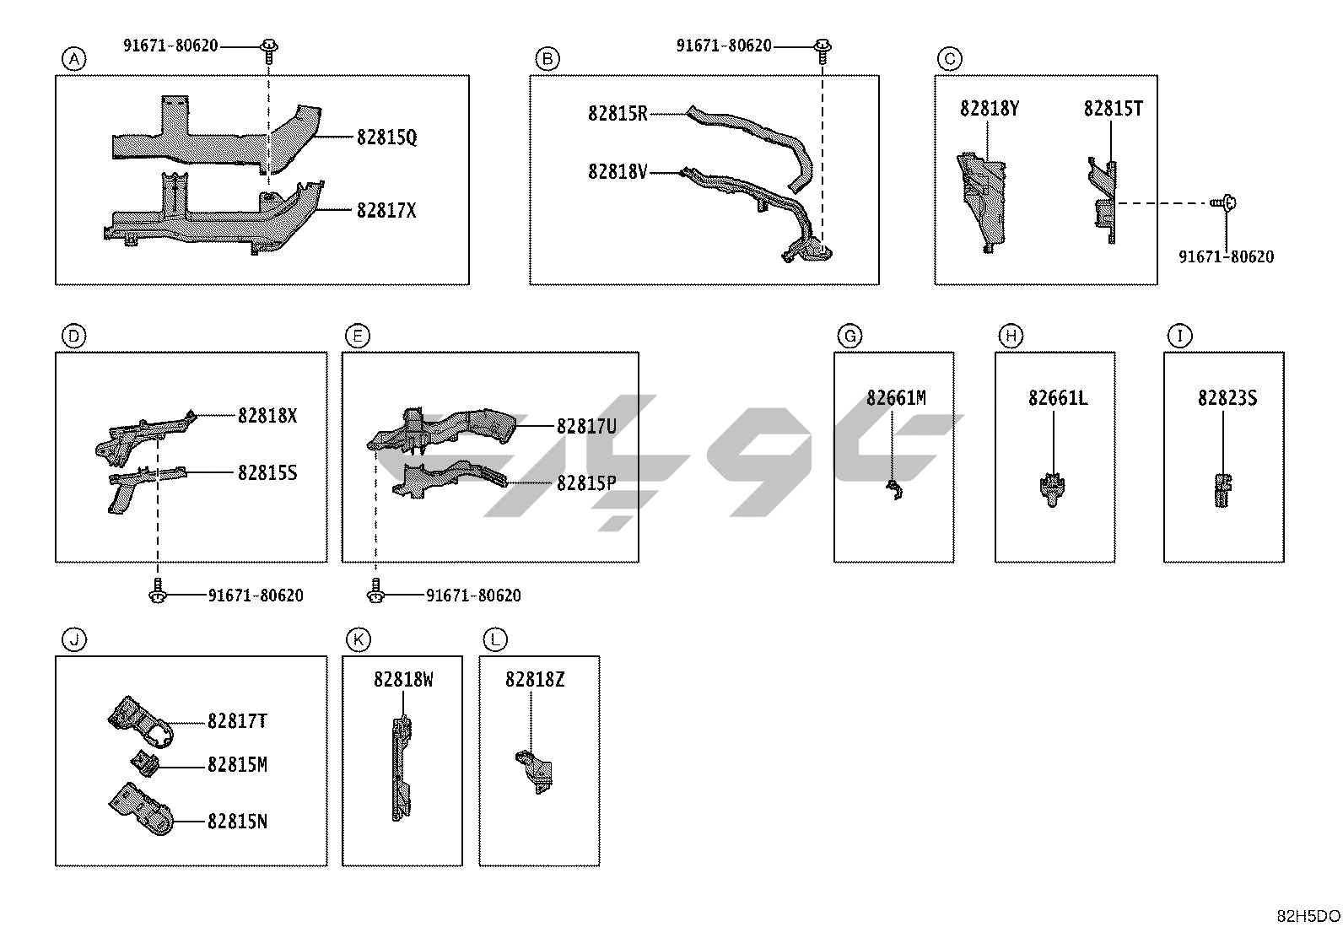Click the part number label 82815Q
pos(386,137)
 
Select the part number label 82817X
pos(386,210)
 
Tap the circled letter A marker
pos(74,58)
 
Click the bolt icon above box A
pos(269,49)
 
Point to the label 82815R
pos(618,114)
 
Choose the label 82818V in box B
pos(618,172)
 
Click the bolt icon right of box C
pos(1223,202)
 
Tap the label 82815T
pos(1113,109)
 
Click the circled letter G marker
pos(849,336)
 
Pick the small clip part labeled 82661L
pos(1053,489)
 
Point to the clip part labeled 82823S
pos(1222,490)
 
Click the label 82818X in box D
pos(267,416)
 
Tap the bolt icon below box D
pos(157,591)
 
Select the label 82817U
pos(586,427)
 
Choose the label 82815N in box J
pos(237,822)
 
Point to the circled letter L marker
pos(495,639)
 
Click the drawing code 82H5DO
pos(1308,916)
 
